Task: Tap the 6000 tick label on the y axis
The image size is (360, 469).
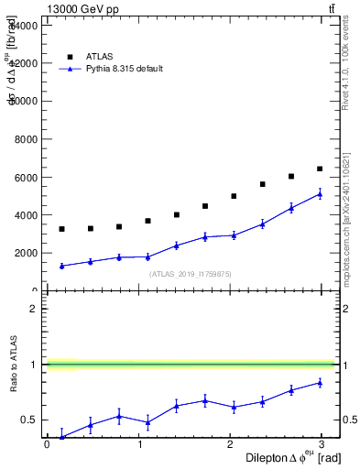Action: pyautogui.click(x=26, y=177)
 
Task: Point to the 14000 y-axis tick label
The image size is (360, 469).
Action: pyautogui.click(x=23, y=26)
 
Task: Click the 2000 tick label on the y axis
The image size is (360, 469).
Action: pyautogui.click(x=26, y=253)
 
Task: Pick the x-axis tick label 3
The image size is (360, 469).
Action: pyautogui.click(x=326, y=444)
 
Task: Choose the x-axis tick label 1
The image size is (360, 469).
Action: pyautogui.click(x=140, y=444)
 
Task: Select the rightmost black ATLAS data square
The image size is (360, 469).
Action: pyautogui.click(x=320, y=169)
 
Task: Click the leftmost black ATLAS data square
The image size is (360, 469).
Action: pyautogui.click(x=61, y=229)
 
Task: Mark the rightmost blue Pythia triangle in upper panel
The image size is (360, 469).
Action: pyautogui.click(x=320, y=193)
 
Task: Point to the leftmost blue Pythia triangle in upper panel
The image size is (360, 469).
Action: pyautogui.click(x=61, y=266)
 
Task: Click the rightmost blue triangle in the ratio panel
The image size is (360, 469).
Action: pyautogui.click(x=320, y=382)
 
